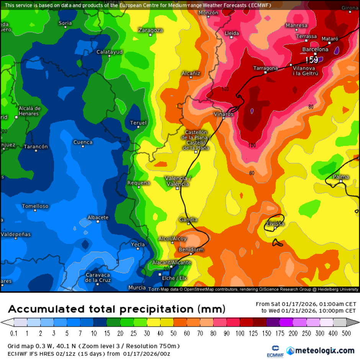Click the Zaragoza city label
pos(151,30)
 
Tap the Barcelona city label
pos(315,49)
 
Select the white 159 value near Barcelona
pos(312,60)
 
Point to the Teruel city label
pos(138,123)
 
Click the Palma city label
pos(341,177)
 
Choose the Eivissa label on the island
pos(275,224)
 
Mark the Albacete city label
pos(98,218)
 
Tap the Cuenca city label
pos(83,142)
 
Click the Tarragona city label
pos(265,68)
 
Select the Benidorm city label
pos(191,250)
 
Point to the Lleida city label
pos(232,33)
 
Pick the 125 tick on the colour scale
pos(253,333)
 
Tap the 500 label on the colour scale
pos(346,333)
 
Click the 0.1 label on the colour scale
pos(14,333)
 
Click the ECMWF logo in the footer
pos(275,351)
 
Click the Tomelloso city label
pos(35,206)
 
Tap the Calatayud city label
pos(110,52)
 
